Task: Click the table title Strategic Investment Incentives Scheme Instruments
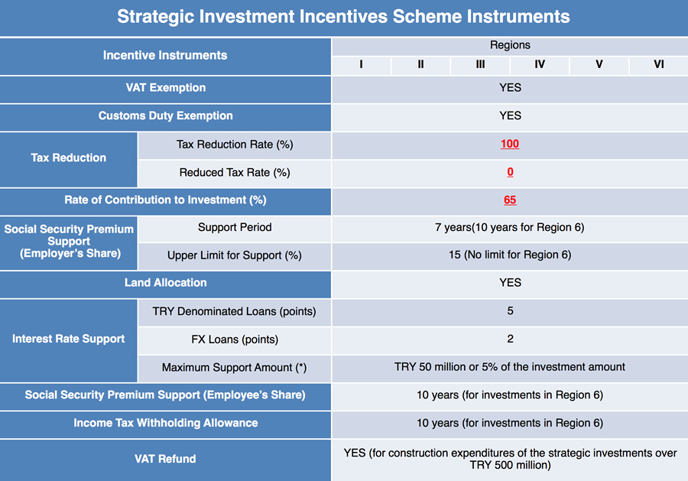343,17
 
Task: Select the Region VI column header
659,64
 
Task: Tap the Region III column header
481,64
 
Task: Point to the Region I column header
361,64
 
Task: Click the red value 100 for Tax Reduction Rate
510,144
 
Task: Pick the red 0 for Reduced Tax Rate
511,172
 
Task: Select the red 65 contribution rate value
510,200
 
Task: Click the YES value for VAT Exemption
511,88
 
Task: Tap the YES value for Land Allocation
511,283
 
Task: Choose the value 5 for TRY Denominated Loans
511,310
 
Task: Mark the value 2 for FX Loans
511,339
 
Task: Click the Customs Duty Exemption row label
165,116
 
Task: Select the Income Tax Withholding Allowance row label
165,423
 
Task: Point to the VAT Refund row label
165,459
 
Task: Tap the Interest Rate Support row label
69,339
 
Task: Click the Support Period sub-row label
235,227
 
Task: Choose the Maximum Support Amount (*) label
235,367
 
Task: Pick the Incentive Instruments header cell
165,55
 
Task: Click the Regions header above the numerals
510,45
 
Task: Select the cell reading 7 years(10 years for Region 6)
510,227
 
